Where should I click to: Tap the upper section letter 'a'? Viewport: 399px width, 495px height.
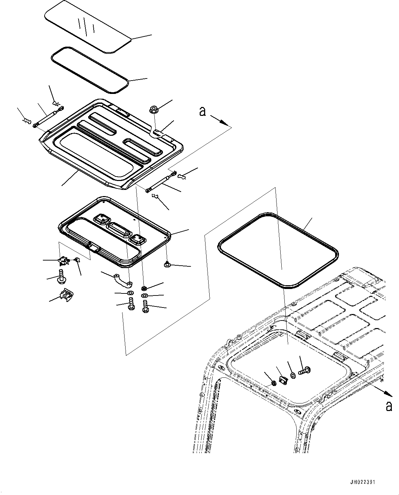[x=203, y=111]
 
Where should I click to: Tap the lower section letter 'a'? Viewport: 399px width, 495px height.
[x=389, y=406]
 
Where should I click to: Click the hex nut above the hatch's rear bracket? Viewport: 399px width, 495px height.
[x=153, y=110]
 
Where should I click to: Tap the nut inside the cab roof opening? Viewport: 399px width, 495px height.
[x=274, y=383]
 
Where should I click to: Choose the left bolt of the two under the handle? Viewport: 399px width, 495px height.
[x=131, y=304]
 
